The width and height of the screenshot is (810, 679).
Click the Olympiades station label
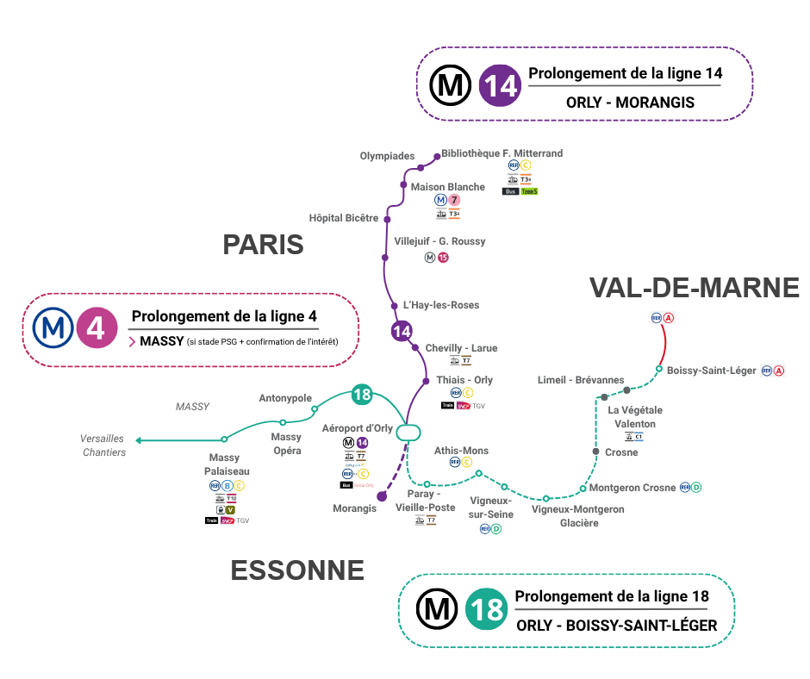387,156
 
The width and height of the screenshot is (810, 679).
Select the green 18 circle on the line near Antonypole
362,396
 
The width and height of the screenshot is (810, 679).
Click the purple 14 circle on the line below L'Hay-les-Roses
402,331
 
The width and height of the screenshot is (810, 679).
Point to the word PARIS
263,244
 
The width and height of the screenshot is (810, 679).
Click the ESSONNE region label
297,570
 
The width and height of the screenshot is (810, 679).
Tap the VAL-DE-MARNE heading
695,288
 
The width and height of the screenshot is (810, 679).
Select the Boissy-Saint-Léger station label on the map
711,371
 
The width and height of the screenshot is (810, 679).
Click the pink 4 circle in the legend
97,327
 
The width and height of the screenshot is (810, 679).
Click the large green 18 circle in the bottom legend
486,609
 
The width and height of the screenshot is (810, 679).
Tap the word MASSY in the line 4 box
162,341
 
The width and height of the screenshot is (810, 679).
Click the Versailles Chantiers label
103,445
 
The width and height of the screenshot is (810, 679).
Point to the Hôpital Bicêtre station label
344,218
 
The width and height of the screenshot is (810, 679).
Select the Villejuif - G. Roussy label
439,241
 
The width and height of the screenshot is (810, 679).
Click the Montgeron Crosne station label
632,488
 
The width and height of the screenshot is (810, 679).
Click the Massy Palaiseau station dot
224,439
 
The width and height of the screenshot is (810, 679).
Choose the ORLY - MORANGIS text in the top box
630,103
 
